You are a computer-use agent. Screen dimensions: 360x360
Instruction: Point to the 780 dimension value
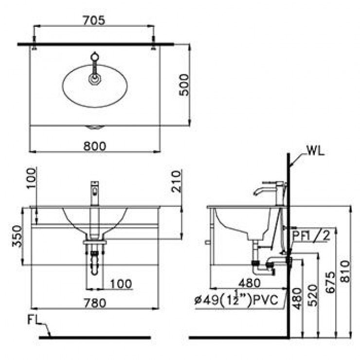pyautogui.click(x=93, y=303)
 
